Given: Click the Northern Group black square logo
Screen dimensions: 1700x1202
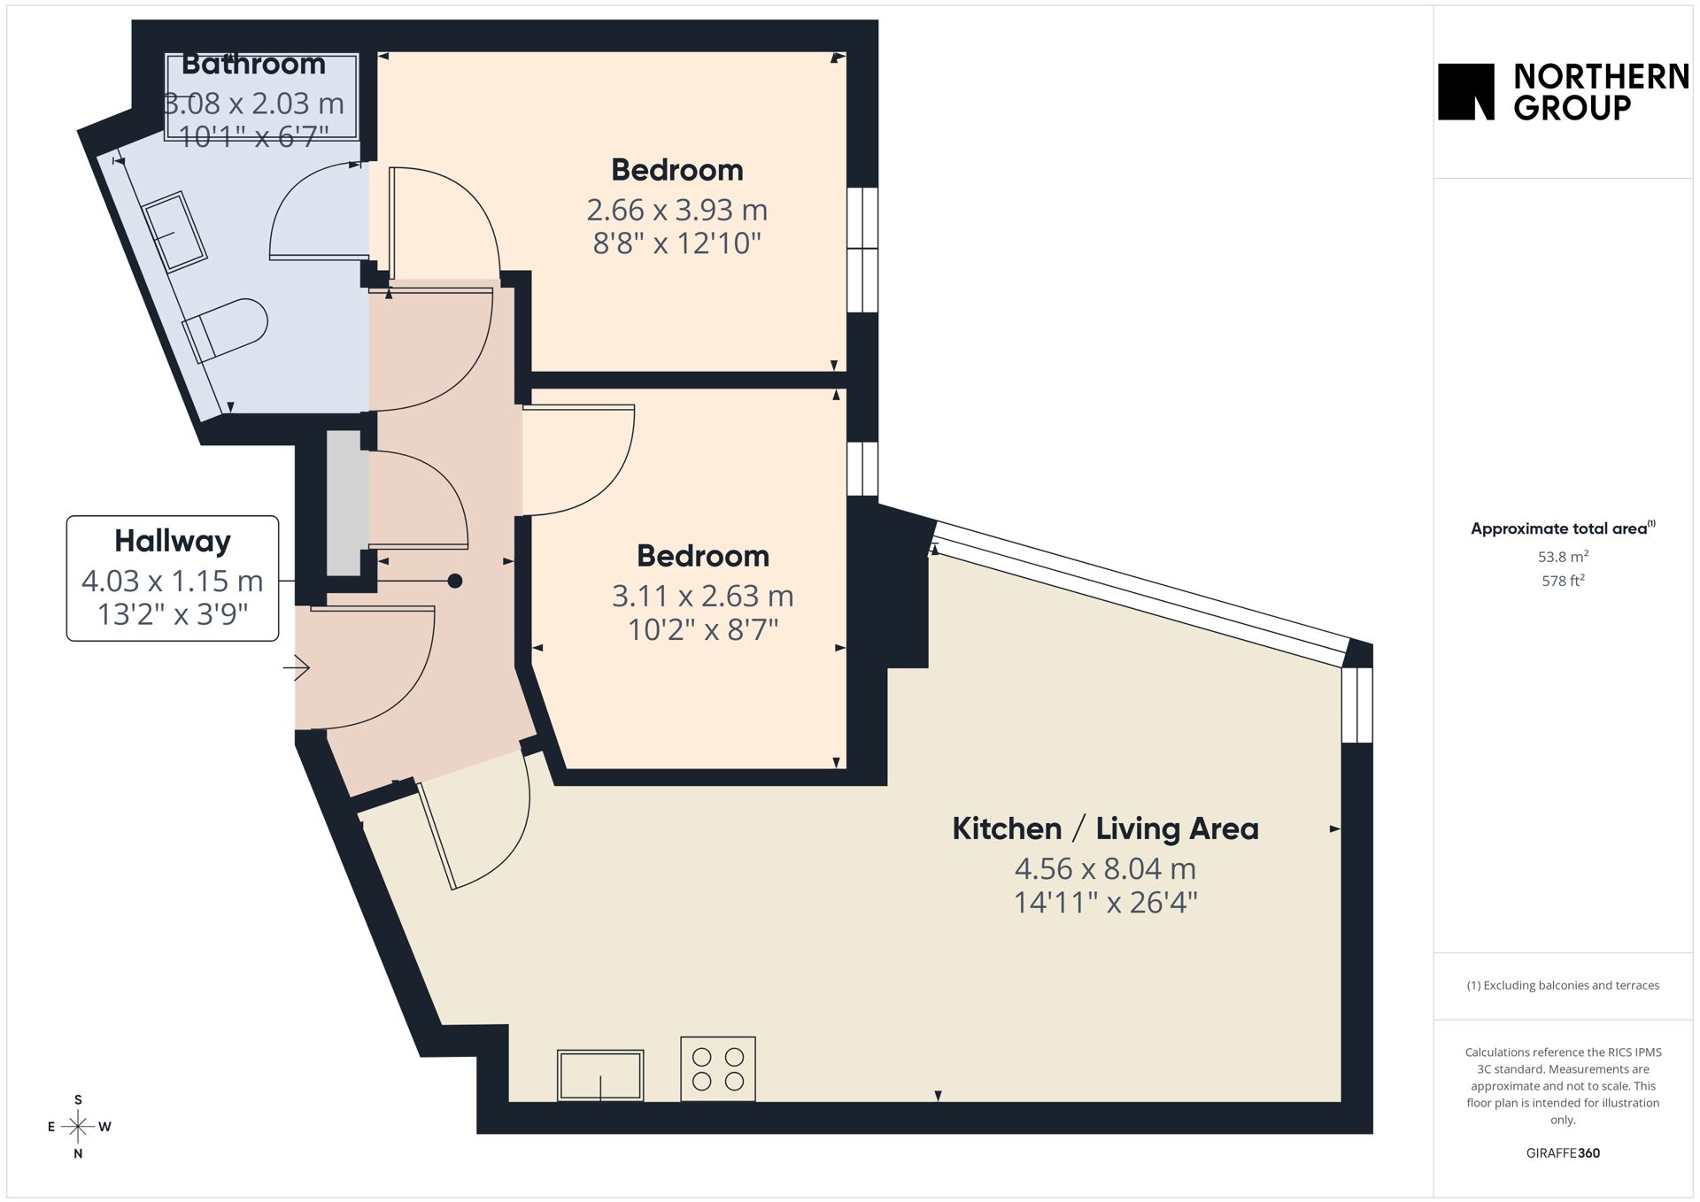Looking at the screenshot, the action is pyautogui.click(x=1465, y=91).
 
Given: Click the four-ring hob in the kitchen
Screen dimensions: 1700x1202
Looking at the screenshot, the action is pyautogui.click(x=718, y=1068).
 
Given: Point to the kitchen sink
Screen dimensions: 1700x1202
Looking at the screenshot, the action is pyautogui.click(x=600, y=1075).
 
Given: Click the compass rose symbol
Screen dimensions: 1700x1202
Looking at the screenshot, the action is pyautogui.click(x=78, y=1127).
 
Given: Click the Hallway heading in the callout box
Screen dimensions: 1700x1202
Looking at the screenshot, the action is pyautogui.click(x=173, y=540).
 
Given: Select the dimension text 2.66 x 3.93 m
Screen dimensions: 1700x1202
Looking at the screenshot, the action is pyautogui.click(x=677, y=210).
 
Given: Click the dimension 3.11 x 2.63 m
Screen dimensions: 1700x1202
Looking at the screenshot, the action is pyautogui.click(x=703, y=596).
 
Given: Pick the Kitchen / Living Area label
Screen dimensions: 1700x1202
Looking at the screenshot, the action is pyautogui.click(x=1105, y=828).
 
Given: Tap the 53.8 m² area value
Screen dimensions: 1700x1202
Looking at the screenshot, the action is pyautogui.click(x=1563, y=557).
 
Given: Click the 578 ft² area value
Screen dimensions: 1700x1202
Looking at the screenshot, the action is pyautogui.click(x=1563, y=581).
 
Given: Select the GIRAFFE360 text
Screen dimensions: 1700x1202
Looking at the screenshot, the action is pyautogui.click(x=1563, y=1152).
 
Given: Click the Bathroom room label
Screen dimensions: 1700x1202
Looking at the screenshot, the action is pyautogui.click(x=253, y=64).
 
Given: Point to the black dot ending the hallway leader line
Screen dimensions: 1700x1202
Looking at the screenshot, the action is pyautogui.click(x=455, y=581).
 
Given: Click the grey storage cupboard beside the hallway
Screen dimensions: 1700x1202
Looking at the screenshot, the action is pyautogui.click(x=344, y=503).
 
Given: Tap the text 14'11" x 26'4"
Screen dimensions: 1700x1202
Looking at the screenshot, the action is pyautogui.click(x=1105, y=902).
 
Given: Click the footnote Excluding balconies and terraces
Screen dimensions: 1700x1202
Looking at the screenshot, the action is pyautogui.click(x=1563, y=985).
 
